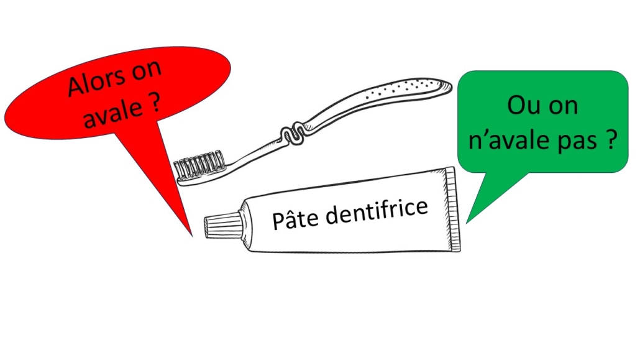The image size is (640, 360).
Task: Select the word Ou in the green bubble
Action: click(x=519, y=106)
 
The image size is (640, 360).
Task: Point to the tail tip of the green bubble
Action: click(x=467, y=222)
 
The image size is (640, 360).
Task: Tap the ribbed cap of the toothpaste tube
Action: click(x=217, y=224)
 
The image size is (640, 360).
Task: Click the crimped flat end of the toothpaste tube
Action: click(x=454, y=208)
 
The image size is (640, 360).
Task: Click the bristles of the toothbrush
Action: click(x=198, y=165)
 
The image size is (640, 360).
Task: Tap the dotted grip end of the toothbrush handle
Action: click(x=404, y=90)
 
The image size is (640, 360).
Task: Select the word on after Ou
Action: click(x=562, y=106)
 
